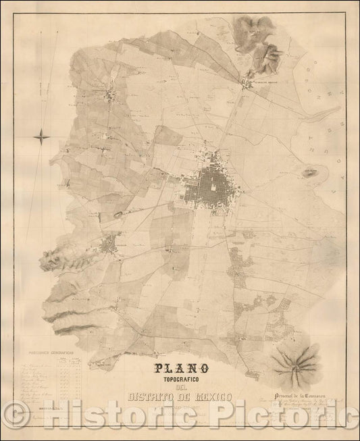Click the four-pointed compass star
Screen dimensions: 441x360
[x=41, y=136]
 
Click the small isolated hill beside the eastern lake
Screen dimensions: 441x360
[x=310, y=173]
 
